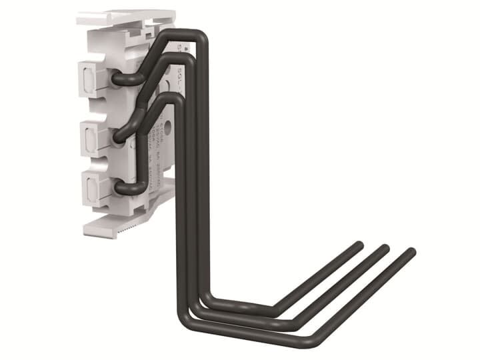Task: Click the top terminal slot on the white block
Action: tap(89, 78)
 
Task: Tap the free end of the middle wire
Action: tap(385, 248)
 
